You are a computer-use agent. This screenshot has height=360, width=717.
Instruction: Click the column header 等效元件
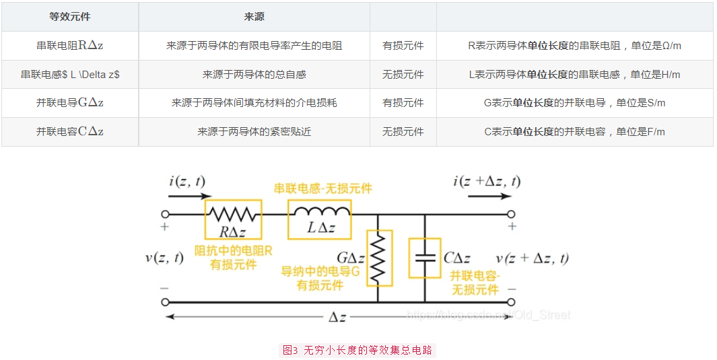(x=70, y=17)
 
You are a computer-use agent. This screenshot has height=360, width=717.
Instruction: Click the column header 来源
(x=254, y=17)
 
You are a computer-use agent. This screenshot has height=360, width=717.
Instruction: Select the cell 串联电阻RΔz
(x=70, y=46)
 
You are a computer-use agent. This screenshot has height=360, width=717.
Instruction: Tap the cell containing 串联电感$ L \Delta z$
(x=70, y=75)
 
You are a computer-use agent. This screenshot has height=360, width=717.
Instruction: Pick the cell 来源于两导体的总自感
(x=254, y=75)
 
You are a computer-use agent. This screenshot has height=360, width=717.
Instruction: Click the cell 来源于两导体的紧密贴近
(x=254, y=132)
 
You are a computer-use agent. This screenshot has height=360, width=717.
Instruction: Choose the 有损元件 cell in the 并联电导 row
(x=403, y=103)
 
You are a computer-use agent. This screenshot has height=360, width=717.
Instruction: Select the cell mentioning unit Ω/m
(x=575, y=46)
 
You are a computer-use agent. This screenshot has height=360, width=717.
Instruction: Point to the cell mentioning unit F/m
(x=575, y=132)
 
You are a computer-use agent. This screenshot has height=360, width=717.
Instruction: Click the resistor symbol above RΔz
(x=232, y=214)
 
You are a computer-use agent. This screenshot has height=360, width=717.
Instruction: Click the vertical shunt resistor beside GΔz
(x=378, y=258)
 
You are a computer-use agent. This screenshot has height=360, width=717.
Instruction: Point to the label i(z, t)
(x=187, y=182)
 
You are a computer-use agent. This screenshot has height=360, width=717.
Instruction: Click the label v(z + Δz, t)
(x=533, y=258)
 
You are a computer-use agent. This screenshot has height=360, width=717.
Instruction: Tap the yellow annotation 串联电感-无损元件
(x=323, y=188)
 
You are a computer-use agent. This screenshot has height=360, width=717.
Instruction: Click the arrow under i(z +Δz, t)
(x=489, y=196)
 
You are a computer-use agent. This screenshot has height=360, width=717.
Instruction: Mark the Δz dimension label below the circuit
(x=337, y=317)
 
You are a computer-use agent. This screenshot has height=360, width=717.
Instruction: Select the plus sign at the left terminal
(x=165, y=227)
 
